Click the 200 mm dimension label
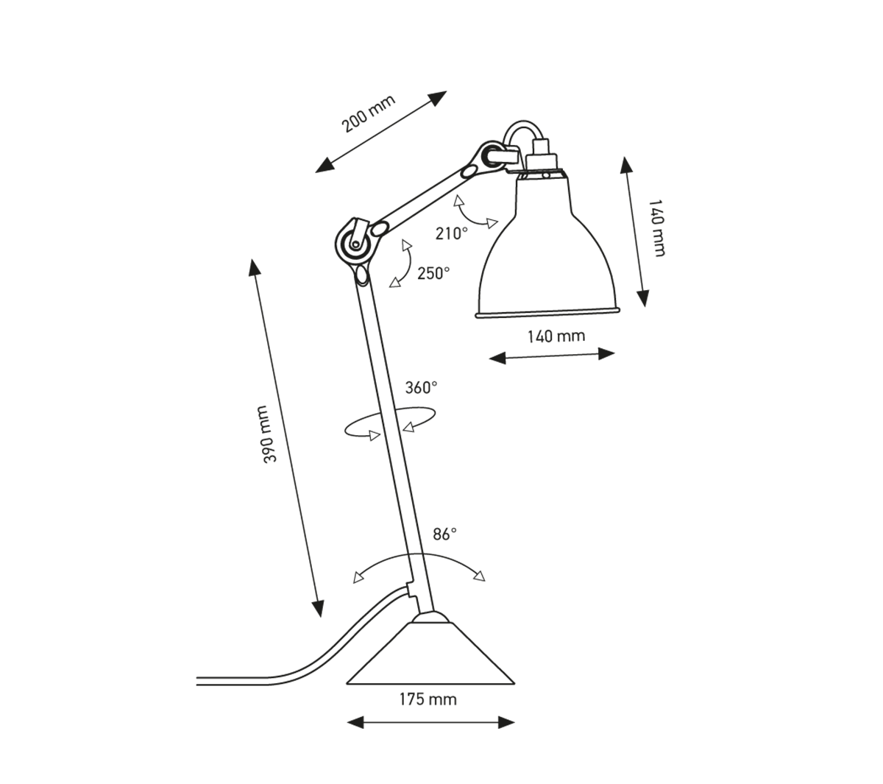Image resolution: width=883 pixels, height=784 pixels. pos(369,115)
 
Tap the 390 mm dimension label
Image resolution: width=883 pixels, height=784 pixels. pos(269,434)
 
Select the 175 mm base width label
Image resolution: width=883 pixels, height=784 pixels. pos(428,699)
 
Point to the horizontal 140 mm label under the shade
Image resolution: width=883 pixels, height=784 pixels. pos(556,336)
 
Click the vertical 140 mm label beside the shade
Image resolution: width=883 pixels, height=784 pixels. pos(657,228)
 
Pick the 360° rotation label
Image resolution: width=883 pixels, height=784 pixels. pos(421,388)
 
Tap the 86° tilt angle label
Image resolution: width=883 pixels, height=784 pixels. pos(444,534)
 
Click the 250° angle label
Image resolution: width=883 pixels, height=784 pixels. pos(433,273)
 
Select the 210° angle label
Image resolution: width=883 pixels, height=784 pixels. pos(451,233)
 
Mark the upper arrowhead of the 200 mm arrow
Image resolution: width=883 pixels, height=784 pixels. pos(439,96)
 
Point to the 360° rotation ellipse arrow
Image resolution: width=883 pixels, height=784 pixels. pos(390,425)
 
